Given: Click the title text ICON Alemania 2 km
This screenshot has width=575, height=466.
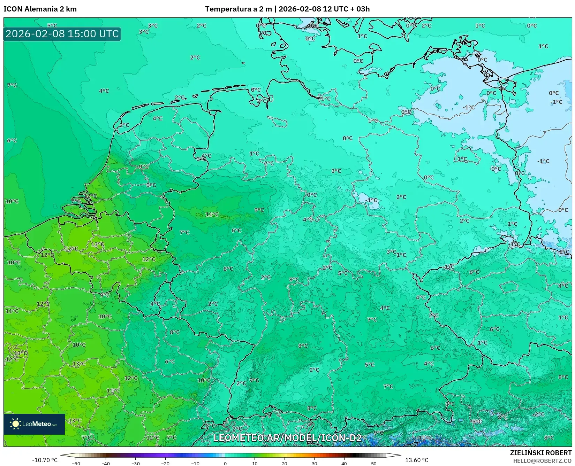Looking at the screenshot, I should tap(40, 9).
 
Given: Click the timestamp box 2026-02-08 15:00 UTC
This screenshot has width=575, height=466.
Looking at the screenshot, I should tap(62, 34).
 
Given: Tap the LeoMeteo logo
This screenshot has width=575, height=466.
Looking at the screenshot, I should tap(34, 424).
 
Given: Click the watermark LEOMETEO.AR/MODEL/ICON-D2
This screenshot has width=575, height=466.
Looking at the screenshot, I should tap(287, 438).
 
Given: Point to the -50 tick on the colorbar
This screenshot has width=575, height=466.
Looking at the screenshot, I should tap(76, 464).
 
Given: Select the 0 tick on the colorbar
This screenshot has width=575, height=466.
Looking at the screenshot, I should tap(225, 464).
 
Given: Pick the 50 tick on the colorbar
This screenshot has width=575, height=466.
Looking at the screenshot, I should tap(374, 464).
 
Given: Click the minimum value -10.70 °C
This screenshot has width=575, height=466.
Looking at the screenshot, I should tap(45, 460).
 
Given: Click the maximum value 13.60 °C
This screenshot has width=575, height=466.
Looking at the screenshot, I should tap(416, 460).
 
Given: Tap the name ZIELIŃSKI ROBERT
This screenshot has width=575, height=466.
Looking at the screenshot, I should tap(541, 453).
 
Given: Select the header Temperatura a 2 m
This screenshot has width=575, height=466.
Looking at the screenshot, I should tap(238, 9).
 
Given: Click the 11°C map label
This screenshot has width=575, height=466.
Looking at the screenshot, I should tap(212, 214).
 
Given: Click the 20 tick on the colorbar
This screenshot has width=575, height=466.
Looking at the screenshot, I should tap(285, 464).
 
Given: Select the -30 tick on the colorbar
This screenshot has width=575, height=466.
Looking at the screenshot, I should tap(135, 464).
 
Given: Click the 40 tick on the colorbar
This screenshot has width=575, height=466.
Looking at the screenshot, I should tap(344, 464).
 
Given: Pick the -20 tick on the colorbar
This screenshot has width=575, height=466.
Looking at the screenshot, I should tap(165, 464).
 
